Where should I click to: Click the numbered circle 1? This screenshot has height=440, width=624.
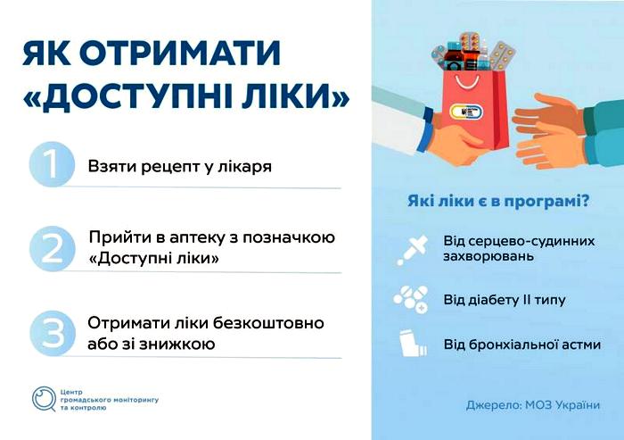(52, 164)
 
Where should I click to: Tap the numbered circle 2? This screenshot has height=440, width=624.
(52, 249)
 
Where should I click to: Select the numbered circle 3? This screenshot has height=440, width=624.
(52, 333)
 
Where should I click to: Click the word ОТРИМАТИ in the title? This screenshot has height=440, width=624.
(180, 53)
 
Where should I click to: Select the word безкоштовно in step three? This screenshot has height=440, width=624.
(268, 323)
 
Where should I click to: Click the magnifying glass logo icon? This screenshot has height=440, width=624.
(44, 399)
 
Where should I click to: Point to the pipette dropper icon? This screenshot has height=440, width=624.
(412, 250)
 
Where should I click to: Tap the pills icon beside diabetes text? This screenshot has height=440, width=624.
(411, 299)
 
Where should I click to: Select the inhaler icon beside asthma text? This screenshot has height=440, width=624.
(413, 343)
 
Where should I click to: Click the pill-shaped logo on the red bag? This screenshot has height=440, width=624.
(466, 112)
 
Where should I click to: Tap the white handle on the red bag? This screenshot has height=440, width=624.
(467, 82)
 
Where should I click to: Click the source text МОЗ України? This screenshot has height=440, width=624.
(562, 405)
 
